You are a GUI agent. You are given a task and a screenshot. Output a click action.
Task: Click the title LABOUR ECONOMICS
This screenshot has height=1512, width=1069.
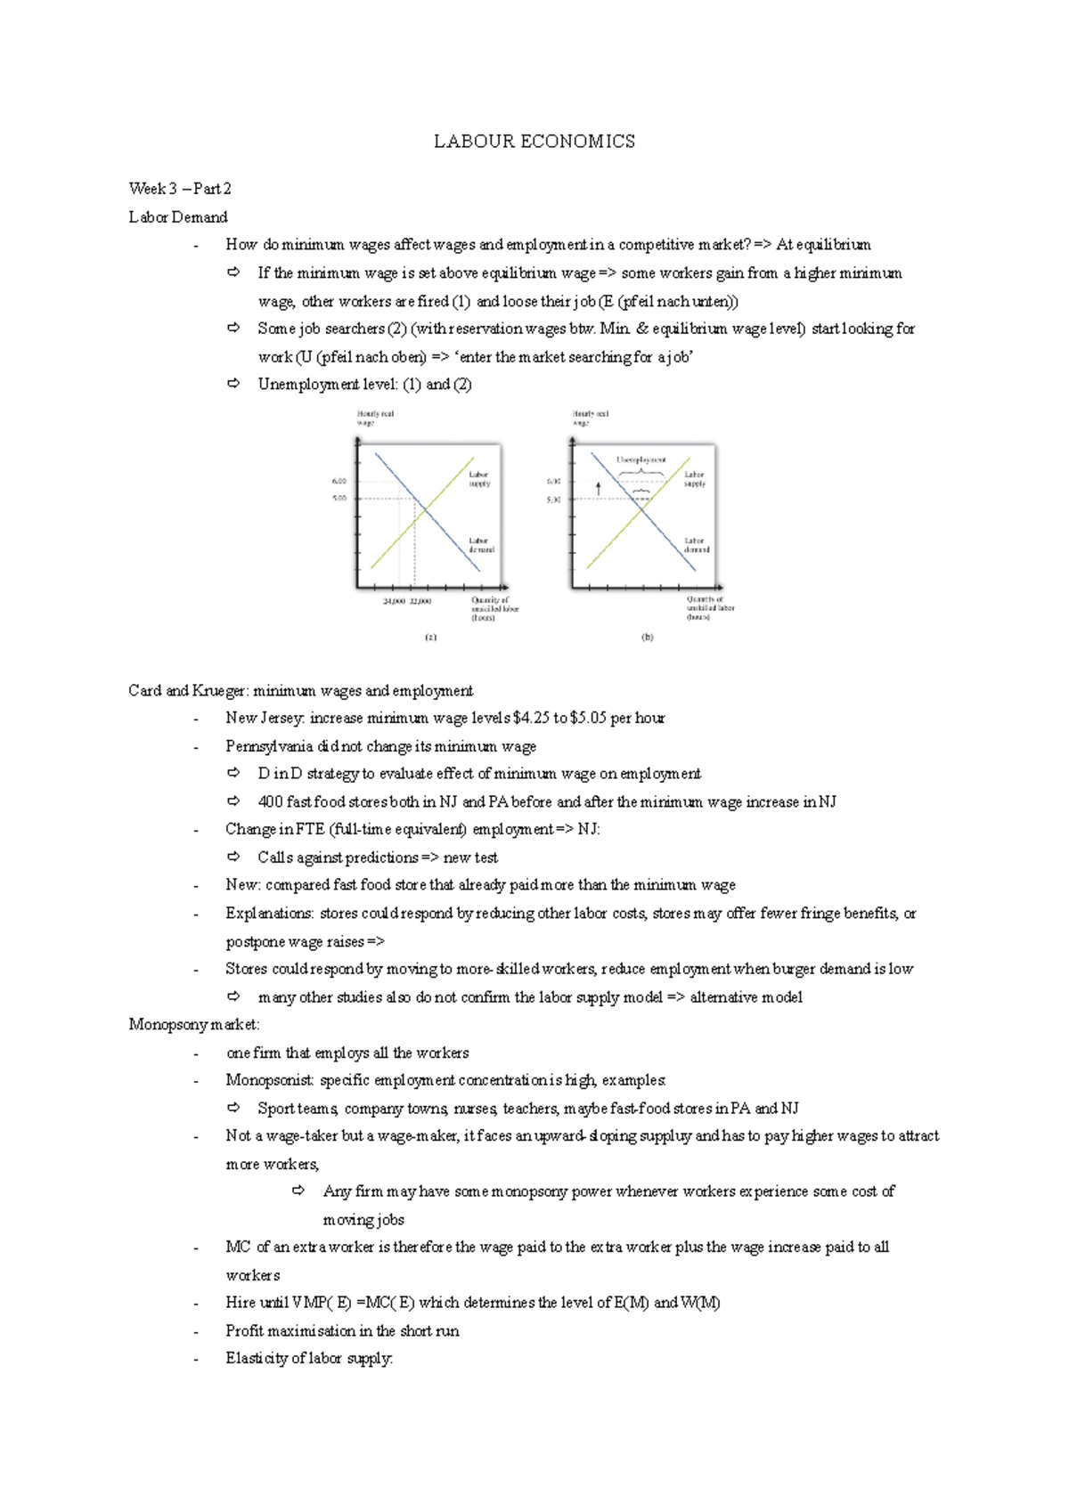534,142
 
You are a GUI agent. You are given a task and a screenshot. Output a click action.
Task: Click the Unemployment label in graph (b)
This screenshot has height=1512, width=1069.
641,459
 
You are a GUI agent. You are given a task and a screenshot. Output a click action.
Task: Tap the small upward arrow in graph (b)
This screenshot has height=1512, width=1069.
599,488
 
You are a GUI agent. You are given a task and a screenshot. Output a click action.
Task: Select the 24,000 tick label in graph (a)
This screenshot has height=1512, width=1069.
394,601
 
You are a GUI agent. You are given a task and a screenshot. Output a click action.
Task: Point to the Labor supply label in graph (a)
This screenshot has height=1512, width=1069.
479,479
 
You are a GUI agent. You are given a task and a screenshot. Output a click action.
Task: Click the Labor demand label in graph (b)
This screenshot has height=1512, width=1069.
696,545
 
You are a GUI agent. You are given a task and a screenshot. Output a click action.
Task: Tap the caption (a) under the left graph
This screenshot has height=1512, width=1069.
431,637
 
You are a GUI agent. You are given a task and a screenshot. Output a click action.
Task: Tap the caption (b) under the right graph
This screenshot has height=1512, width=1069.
647,637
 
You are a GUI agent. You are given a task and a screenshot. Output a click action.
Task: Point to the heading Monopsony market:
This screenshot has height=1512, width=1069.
194,1024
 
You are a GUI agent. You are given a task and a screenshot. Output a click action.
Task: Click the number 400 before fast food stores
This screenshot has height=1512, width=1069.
270,801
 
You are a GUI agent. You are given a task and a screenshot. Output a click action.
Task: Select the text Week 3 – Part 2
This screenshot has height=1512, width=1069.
180,189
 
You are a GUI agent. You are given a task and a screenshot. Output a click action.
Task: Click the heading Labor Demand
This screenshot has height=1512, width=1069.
178,217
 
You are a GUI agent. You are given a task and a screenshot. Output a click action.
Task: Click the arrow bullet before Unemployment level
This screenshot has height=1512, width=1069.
233,384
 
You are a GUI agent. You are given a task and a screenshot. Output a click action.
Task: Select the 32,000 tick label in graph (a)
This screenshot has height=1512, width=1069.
420,601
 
